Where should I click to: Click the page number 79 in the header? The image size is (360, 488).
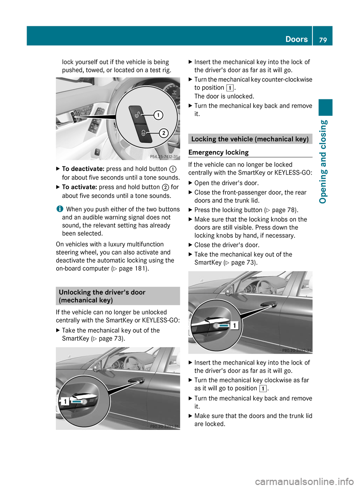click(323, 40)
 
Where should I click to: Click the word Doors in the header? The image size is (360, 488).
click(296, 39)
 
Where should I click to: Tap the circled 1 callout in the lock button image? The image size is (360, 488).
click(159, 115)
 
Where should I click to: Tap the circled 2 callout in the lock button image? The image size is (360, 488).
click(163, 133)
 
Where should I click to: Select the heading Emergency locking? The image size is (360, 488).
click(219, 152)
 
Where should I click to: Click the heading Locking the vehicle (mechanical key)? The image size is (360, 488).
click(250, 139)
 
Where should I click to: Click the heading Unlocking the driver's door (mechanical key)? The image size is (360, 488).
click(102, 296)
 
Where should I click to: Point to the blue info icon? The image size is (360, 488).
click(59, 209)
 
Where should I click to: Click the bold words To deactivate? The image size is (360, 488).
click(83, 169)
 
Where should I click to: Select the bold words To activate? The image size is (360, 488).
click(79, 187)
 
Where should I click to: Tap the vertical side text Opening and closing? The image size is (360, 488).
click(323, 162)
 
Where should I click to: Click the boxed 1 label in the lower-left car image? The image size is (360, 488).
click(65, 402)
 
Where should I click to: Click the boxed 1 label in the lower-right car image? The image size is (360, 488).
click(234, 325)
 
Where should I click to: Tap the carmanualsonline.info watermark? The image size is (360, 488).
click(304, 481)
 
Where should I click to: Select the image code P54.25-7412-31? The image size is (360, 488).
click(163, 157)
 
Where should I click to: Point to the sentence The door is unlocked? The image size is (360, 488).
click(224, 96)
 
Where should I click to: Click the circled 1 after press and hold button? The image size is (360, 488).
click(173, 169)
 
